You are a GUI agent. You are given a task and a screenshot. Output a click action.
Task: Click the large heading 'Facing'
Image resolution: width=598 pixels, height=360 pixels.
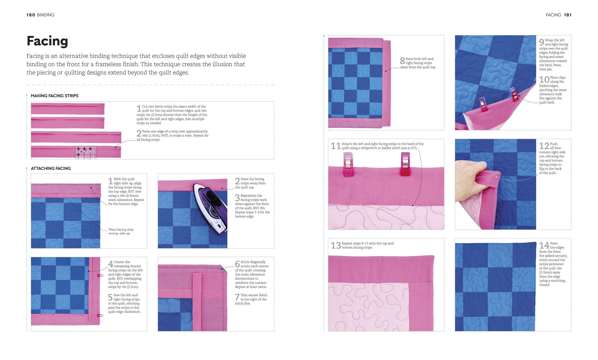(x=47, y=41)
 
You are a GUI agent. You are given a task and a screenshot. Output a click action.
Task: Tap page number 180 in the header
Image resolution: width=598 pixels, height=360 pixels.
(x=31, y=15)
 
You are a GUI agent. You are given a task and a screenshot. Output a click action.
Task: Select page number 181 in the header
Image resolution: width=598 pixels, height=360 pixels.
(x=568, y=15)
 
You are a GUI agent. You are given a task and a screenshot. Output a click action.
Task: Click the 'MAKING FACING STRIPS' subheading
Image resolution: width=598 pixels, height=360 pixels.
(x=55, y=96)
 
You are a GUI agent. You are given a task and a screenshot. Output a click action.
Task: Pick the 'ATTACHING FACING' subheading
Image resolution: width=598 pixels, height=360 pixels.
(x=51, y=168)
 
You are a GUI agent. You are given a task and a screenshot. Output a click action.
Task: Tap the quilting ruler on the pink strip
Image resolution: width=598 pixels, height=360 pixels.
(x=85, y=152)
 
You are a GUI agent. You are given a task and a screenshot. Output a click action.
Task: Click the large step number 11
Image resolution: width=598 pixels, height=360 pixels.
(x=336, y=146)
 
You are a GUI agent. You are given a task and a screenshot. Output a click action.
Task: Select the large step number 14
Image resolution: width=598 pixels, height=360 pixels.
(x=544, y=246)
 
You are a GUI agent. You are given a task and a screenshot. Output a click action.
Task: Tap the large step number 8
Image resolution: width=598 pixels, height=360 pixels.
(x=402, y=61)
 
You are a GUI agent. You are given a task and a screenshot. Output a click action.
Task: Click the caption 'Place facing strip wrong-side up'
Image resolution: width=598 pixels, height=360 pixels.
(x=121, y=232)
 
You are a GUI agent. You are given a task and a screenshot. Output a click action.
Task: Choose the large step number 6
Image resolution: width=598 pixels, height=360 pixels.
(x=237, y=264)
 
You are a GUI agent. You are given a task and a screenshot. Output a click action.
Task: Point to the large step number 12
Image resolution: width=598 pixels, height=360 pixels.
(x=544, y=146)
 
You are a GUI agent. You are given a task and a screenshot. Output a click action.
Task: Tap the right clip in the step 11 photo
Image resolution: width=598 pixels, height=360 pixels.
(x=405, y=164)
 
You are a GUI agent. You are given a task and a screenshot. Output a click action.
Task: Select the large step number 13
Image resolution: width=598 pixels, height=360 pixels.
(x=336, y=246)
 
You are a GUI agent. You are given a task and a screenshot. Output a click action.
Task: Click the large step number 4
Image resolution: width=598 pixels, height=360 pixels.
(x=111, y=264)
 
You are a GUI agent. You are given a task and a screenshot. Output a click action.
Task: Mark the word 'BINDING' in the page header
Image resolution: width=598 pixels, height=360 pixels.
(x=45, y=15)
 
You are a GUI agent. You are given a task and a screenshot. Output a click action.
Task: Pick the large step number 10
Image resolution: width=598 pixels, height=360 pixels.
(x=544, y=80)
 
